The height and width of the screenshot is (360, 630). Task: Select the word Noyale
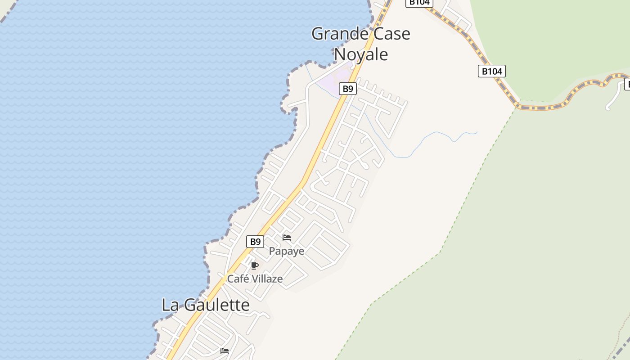tap(361, 54)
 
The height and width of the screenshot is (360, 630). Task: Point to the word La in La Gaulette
tap(170, 305)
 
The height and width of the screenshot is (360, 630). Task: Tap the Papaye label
tap(287, 251)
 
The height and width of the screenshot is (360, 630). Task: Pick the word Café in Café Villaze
tap(238, 279)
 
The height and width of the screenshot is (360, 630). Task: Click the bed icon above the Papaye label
tap(287, 238)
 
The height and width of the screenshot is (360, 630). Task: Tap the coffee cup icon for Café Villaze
tap(254, 265)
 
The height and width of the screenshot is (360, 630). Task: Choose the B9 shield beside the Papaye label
tap(255, 242)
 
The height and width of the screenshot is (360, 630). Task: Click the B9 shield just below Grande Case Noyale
tap(348, 89)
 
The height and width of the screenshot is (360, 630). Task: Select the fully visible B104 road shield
tap(491, 71)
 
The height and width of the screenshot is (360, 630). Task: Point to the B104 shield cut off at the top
tap(419, 3)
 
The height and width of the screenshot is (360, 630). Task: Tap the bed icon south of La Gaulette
tap(225, 351)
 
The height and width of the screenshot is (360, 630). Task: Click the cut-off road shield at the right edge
tap(627, 84)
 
